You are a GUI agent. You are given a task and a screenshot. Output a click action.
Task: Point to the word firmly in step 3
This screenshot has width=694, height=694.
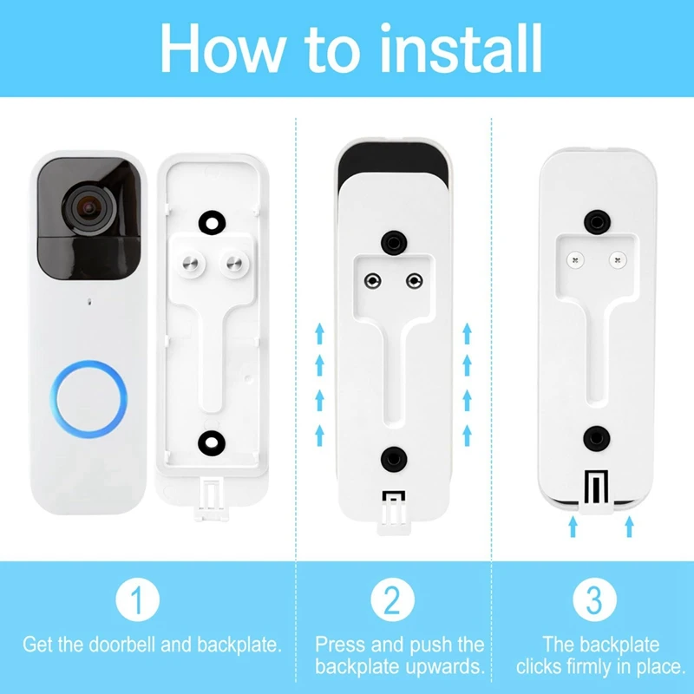(590, 666)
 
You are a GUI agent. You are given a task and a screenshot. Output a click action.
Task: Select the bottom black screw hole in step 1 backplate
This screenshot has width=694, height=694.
(210, 440)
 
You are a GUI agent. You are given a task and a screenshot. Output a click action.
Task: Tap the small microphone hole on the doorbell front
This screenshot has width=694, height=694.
(89, 304)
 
